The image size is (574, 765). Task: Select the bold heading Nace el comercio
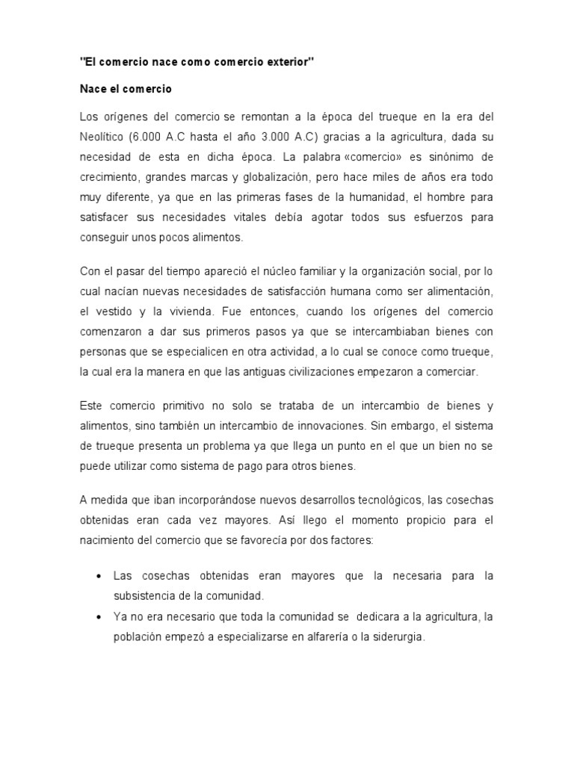[126, 89]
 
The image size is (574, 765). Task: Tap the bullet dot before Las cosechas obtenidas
[99, 577]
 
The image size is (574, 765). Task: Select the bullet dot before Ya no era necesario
[99, 618]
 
